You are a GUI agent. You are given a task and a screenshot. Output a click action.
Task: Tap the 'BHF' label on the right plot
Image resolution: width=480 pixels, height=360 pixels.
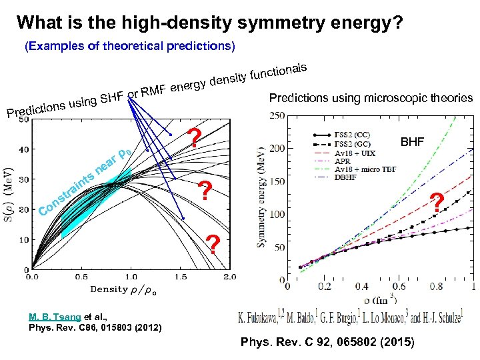point(411,142)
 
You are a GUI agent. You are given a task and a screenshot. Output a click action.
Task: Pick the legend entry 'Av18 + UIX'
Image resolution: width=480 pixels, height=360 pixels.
point(364,152)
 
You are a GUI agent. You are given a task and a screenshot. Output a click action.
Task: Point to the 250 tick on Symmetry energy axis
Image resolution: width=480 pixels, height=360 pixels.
point(275,116)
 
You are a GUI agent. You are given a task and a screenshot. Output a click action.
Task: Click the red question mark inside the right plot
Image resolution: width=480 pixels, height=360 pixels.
point(437,202)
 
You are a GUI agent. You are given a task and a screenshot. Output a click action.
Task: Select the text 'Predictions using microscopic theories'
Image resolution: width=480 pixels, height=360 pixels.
point(371,98)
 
